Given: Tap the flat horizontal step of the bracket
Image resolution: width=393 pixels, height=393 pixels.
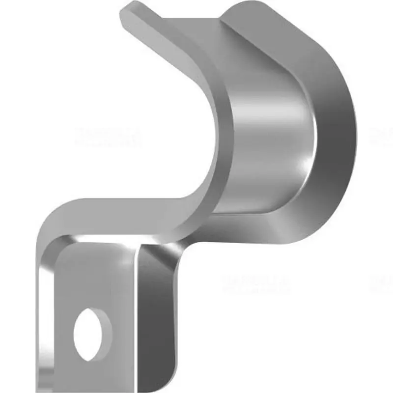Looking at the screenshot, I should coord(123,211).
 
